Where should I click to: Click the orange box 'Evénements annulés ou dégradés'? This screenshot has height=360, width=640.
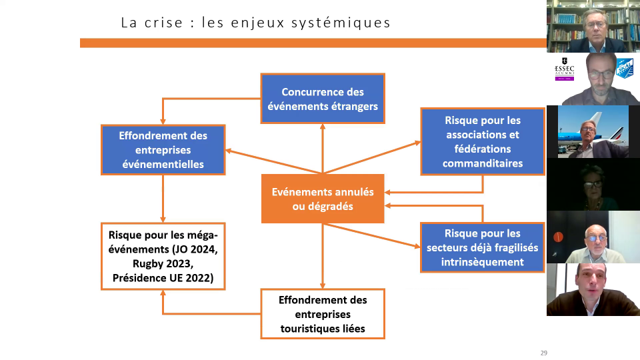(323, 199)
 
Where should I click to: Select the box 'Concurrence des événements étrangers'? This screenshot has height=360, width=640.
(323, 99)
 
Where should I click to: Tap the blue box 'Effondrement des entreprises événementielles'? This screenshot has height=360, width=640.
(163, 150)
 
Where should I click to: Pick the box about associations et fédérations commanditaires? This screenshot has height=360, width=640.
(483, 141)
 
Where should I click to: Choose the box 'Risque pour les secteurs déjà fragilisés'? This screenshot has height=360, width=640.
(483, 247)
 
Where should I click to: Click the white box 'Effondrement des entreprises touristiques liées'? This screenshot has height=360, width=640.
(323, 314)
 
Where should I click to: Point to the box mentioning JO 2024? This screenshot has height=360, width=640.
(163, 256)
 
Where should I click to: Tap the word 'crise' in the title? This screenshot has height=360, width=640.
(164, 23)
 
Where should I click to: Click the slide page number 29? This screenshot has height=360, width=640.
(544, 353)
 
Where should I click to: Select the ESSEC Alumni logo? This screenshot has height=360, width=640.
(565, 69)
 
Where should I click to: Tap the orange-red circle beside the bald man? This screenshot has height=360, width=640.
(558, 237)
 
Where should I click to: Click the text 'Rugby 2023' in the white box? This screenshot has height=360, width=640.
(163, 264)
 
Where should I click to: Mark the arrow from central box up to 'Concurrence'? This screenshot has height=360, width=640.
(323, 149)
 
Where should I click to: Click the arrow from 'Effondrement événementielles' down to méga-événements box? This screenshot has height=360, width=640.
(163, 199)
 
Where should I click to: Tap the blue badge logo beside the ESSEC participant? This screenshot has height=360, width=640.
(625, 68)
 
